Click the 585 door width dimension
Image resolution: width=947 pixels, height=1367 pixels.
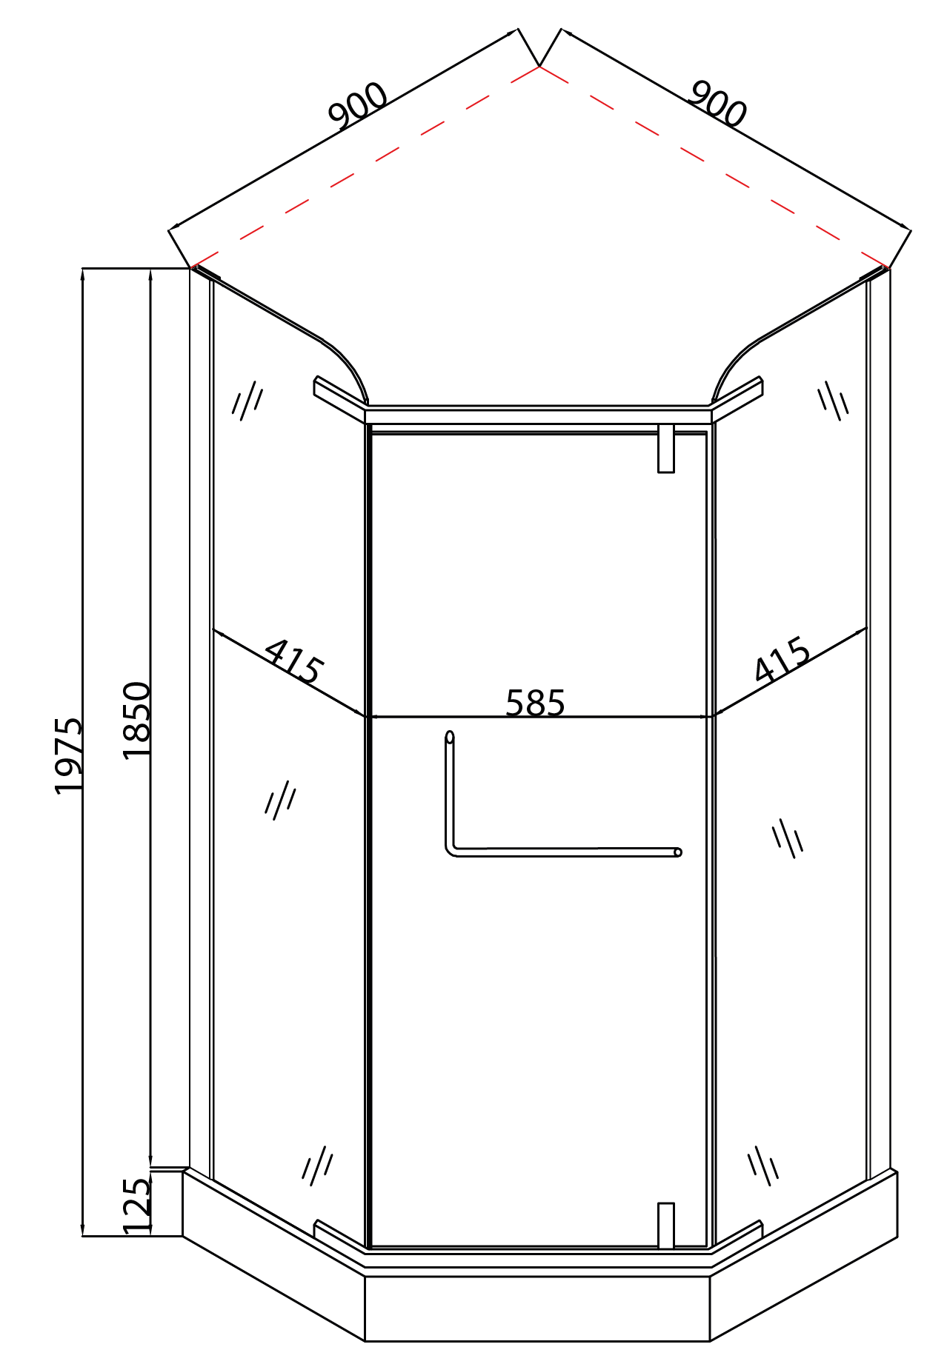click(x=535, y=703)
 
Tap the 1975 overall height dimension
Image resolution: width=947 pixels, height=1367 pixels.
click(x=69, y=755)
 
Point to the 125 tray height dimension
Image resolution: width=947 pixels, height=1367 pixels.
click(x=136, y=1206)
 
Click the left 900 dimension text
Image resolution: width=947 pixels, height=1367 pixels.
click(x=358, y=106)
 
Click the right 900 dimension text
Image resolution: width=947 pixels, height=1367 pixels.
click(x=717, y=104)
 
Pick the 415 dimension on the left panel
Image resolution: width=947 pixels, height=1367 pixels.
click(x=293, y=661)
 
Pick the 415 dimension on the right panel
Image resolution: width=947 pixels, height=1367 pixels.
click(x=782, y=659)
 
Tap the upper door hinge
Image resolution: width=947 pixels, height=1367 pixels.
click(x=666, y=448)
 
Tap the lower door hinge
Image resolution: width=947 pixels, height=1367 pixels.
click(x=666, y=1226)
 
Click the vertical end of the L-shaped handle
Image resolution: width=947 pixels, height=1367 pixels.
click(x=449, y=738)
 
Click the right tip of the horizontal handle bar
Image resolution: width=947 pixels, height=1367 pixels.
click(x=677, y=852)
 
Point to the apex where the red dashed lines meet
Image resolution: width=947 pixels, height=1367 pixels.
click(x=539, y=67)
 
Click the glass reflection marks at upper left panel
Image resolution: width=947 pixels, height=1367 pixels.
click(x=247, y=401)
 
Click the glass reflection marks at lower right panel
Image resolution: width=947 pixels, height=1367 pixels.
click(x=763, y=1166)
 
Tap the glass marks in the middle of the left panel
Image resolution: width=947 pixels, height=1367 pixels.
click(x=280, y=800)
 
